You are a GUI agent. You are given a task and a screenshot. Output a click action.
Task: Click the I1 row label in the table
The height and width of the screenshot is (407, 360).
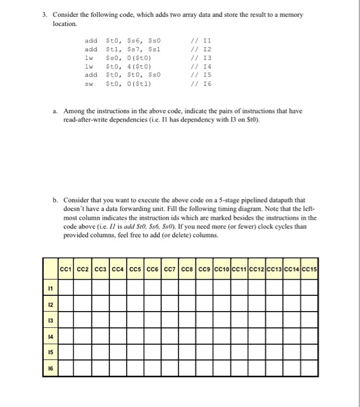click(51, 287)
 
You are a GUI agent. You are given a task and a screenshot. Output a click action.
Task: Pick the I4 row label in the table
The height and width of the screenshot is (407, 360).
click(51, 335)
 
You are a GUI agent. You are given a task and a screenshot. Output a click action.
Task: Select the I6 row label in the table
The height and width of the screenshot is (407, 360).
click(51, 368)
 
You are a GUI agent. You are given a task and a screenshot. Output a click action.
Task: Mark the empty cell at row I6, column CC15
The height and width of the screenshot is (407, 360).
click(313, 368)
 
